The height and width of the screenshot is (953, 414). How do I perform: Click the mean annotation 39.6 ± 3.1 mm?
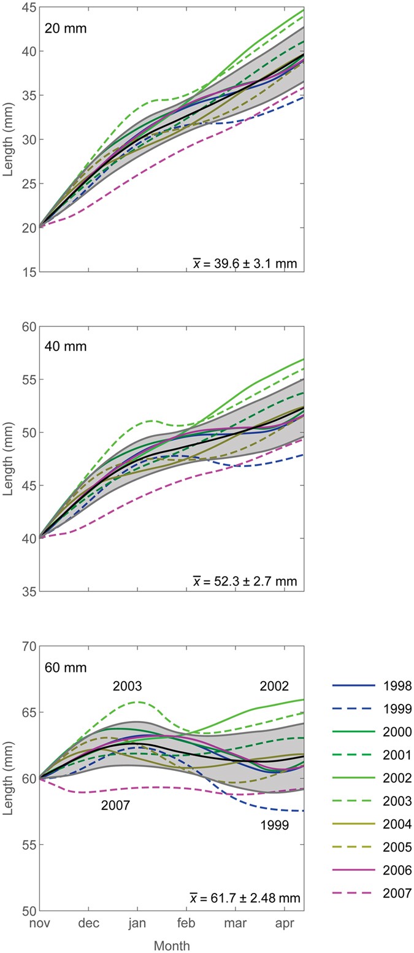click(245, 264)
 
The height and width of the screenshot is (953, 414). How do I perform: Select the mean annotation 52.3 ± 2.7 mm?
click(245, 581)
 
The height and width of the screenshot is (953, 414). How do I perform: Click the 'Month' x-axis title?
click(171, 945)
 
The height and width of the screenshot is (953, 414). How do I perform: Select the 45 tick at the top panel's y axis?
click(26, 7)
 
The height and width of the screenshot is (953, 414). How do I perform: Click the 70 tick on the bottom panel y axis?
click(26, 646)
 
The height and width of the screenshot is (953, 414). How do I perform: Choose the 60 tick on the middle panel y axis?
click(26, 326)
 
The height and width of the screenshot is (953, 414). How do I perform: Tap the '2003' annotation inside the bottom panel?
click(127, 686)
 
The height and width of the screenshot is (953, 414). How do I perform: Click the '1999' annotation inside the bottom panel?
click(274, 825)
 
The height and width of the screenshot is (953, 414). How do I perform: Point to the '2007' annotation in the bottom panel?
click(115, 806)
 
